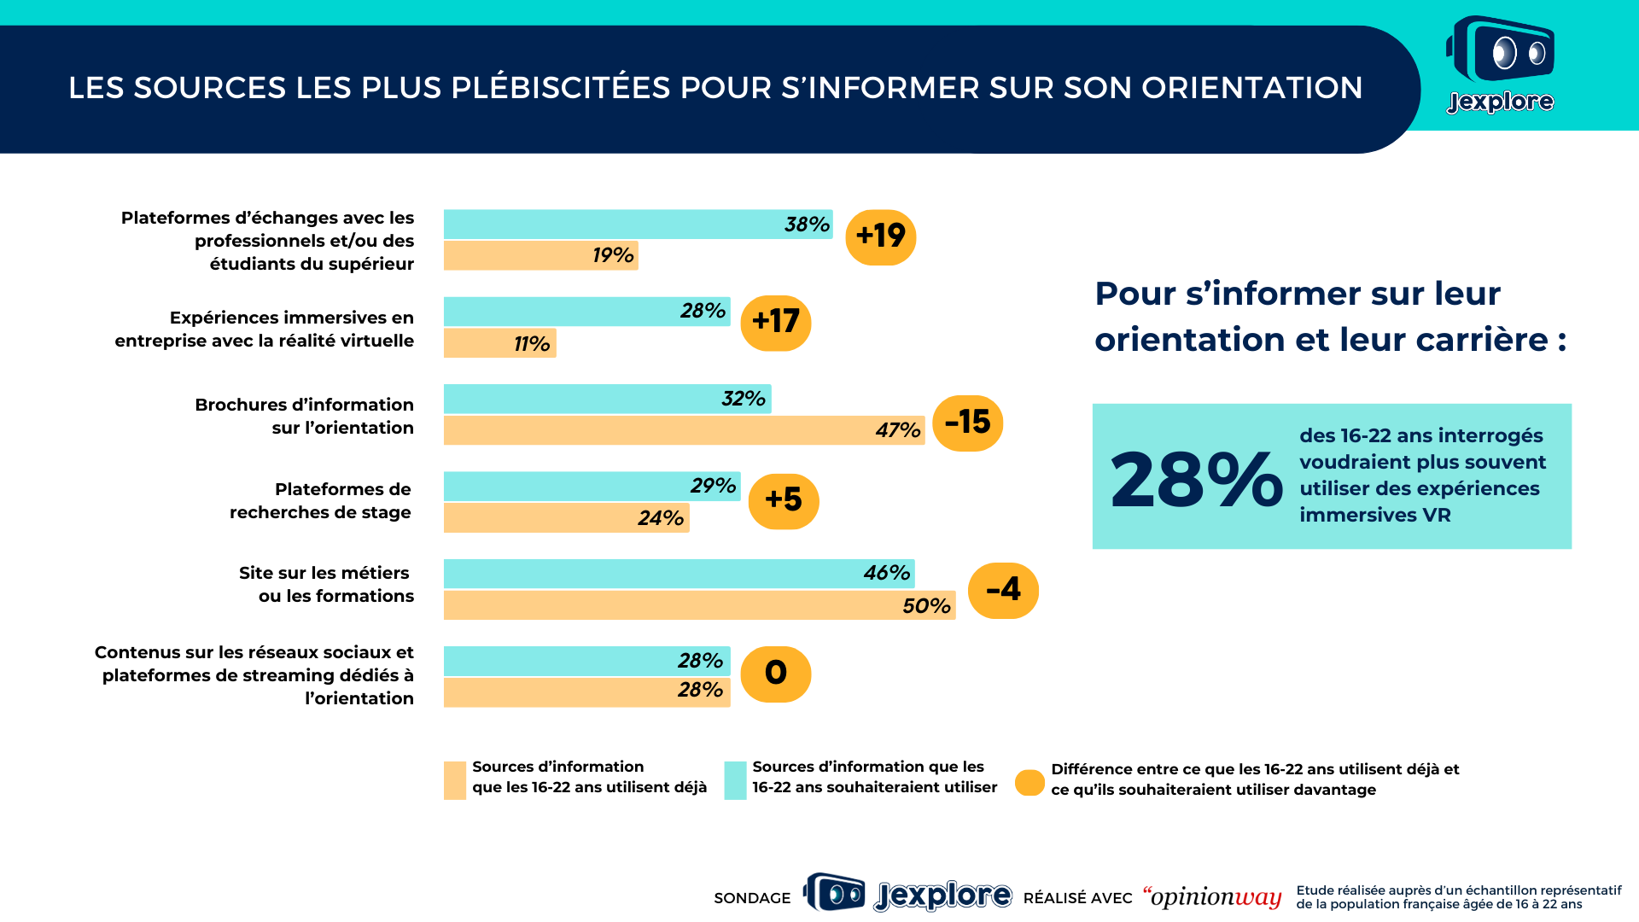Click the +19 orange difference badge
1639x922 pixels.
pos(880,236)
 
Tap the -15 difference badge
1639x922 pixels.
pos(967,423)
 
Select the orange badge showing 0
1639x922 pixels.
pos(775,674)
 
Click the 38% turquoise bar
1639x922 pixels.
pos(638,225)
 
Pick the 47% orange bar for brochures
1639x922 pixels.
pos(684,430)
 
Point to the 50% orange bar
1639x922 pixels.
pos(699,605)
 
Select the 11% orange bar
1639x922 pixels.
pos(499,343)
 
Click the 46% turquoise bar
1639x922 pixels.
pos(679,574)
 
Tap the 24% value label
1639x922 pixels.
pos(661,518)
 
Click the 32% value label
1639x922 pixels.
pos(744,399)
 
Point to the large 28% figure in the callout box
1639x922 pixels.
pos(1196,480)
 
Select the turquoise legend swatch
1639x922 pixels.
pos(735,780)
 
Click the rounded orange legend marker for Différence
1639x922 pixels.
pos(1029,782)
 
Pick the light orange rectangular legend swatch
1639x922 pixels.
pos(455,780)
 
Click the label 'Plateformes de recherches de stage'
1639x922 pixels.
pos(320,501)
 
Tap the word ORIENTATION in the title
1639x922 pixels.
pos(1251,88)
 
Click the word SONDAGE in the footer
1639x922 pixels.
pos(752,898)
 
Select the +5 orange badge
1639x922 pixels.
pos(784,501)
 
